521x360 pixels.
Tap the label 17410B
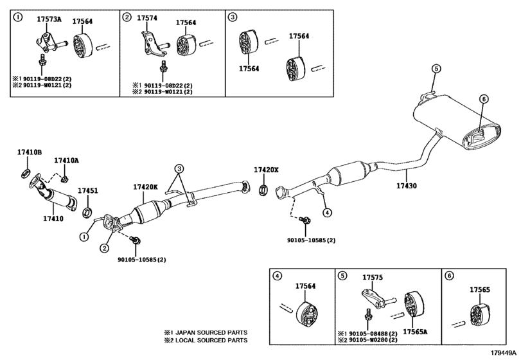pyautogui.click(x=29, y=152)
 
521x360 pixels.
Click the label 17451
pyautogui.click(x=88, y=191)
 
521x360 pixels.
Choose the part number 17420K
pyautogui.click(x=145, y=187)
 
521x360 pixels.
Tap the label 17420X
pyautogui.click(x=266, y=170)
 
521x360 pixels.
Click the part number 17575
pyautogui.click(x=373, y=278)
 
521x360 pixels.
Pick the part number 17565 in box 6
pyautogui.click(x=479, y=290)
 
